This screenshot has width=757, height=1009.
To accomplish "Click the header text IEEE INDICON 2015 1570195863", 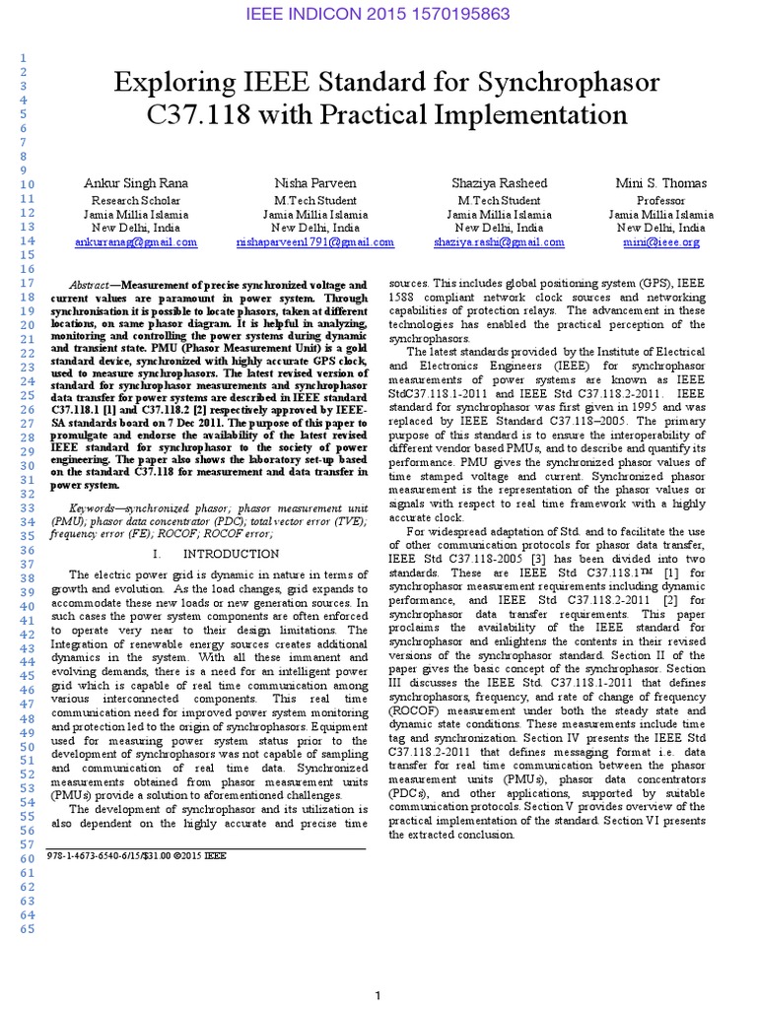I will click(x=378, y=15).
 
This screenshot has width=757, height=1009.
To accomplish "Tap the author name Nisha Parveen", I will click(x=315, y=184).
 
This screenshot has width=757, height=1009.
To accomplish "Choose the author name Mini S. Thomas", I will click(x=660, y=184).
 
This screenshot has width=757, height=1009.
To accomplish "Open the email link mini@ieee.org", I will click(x=660, y=241).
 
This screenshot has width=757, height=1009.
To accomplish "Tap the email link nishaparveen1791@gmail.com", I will click(x=315, y=241).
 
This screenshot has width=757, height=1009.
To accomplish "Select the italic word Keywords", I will click(x=99, y=507).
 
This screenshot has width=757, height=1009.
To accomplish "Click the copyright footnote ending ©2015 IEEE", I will click(x=137, y=856).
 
